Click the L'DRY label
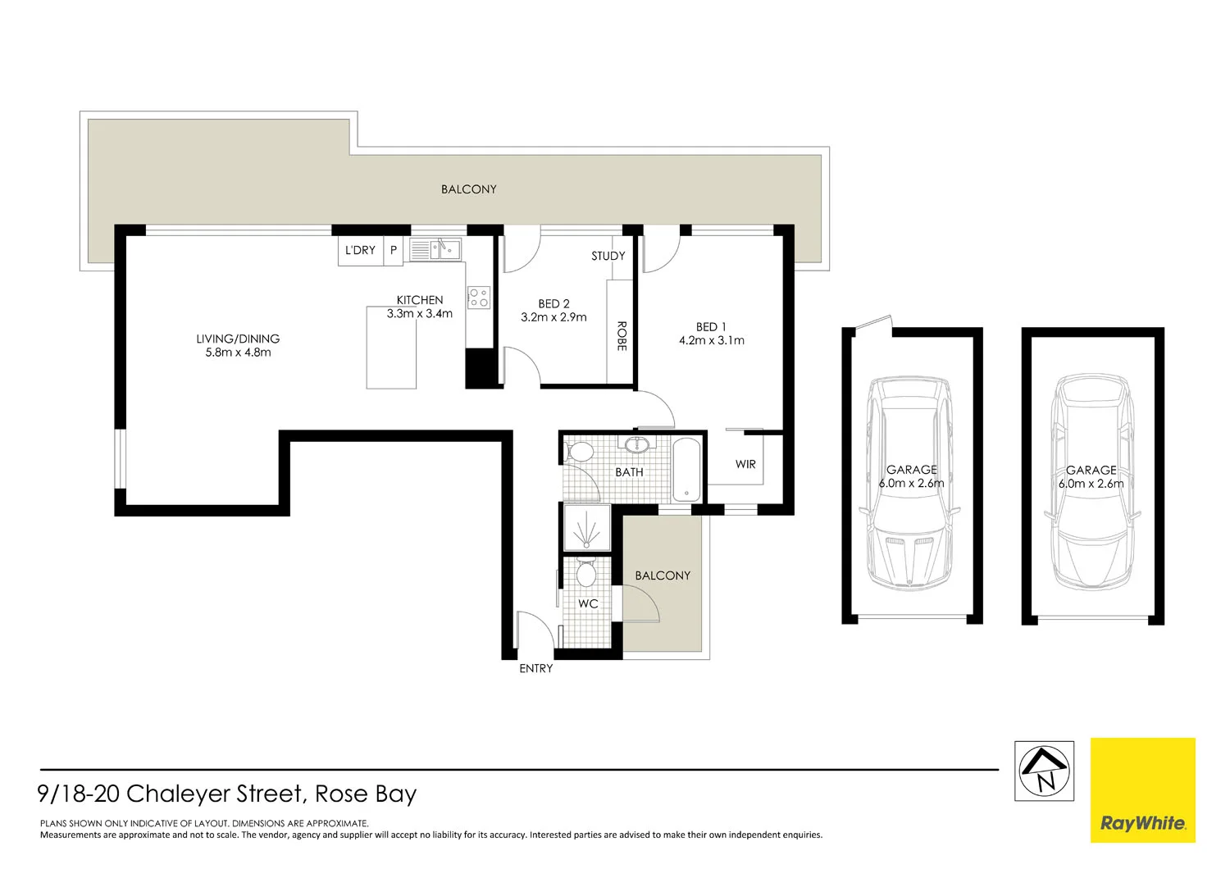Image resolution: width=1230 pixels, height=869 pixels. tap(360, 250)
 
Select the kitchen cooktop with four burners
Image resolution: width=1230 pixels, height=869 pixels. tap(478, 297)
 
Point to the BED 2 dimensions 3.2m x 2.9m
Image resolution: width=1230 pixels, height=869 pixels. tap(553, 317)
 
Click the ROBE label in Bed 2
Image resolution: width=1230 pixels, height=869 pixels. tap(621, 336)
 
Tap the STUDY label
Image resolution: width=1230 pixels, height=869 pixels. tap(608, 256)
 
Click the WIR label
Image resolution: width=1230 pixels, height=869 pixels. tap(745, 464)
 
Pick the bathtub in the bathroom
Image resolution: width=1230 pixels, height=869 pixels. tap(686, 471)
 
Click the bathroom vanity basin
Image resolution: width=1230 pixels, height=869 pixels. tap(636, 445)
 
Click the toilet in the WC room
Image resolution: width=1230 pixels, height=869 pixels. tap(585, 573)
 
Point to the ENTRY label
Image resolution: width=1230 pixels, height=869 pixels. tap(536, 669)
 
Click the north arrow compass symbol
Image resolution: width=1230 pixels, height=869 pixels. tap(1044, 771)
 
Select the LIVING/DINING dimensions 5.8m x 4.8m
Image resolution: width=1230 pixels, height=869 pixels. tap(238, 353)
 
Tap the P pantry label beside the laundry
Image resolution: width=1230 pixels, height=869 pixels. tap(394, 250)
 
